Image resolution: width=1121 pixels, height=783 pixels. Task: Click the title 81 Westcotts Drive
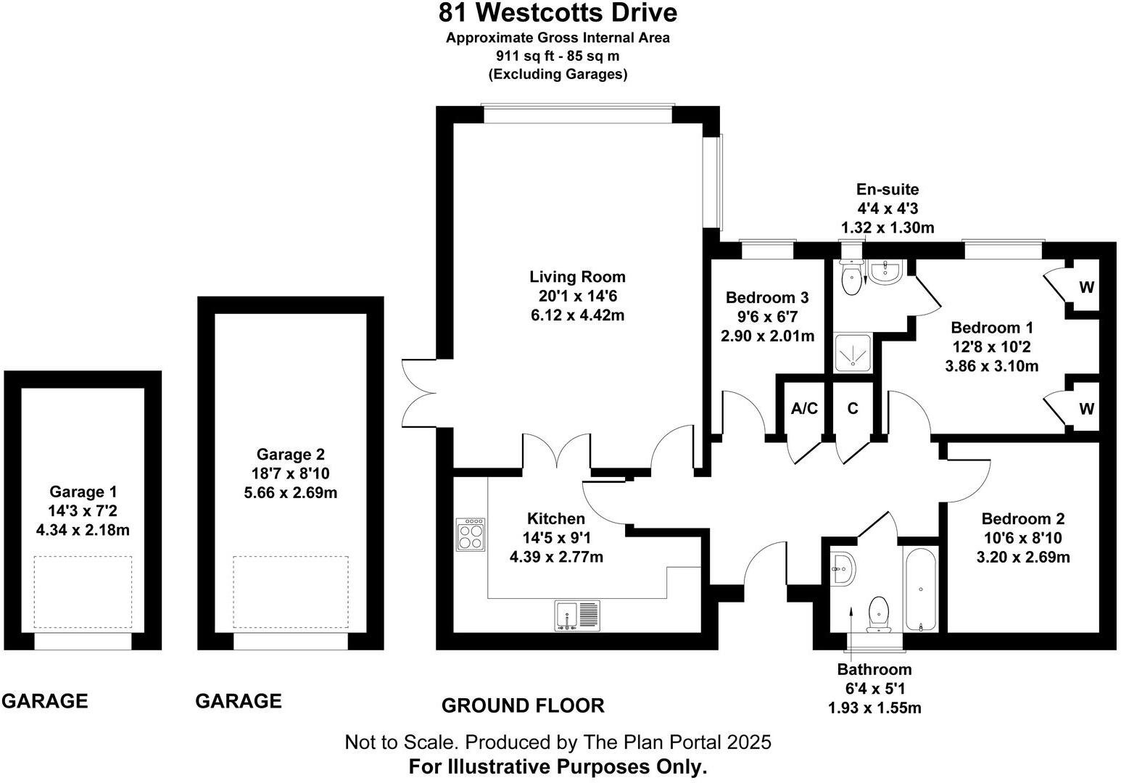558,13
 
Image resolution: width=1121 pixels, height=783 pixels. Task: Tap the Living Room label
577,276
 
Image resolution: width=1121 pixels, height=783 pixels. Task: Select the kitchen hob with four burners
471,535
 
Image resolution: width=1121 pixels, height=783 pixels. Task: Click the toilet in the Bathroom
879,613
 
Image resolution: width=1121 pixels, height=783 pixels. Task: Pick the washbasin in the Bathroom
843,566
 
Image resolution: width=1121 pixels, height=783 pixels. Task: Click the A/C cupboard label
804,409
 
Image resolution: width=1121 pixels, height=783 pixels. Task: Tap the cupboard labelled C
853,409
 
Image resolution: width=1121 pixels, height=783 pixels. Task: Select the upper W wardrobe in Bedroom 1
1085,287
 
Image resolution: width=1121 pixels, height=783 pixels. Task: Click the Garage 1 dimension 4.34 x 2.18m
83,530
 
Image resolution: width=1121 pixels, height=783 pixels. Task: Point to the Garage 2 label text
290,455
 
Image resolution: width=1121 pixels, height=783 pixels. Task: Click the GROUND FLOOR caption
523,705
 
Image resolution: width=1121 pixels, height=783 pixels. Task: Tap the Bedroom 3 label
766,297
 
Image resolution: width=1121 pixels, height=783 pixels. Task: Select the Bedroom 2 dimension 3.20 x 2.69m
1022,558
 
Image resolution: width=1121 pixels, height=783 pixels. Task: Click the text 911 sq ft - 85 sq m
558,56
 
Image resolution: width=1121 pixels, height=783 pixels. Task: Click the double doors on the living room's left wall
419,394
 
